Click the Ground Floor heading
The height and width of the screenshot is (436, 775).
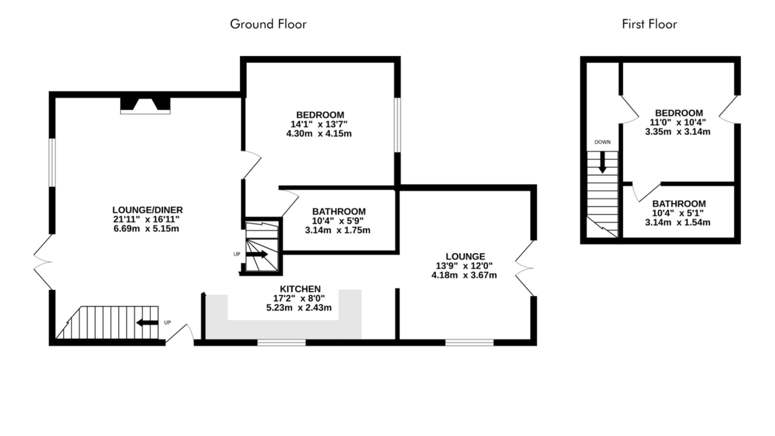coord(268,24)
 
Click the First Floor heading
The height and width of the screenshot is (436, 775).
coord(649,24)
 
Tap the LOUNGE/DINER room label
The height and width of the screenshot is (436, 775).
coord(148,210)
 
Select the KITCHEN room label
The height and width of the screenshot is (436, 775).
coord(300,289)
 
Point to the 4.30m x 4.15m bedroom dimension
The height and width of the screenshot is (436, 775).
coord(319,134)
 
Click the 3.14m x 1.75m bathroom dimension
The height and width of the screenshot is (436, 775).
coord(338,230)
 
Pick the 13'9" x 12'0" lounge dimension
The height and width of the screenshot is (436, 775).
coord(464,266)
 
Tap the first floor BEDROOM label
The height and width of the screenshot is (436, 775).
coord(679,113)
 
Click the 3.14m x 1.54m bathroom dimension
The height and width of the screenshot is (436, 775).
coord(677,223)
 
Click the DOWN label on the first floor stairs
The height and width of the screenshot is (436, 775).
coord(602,142)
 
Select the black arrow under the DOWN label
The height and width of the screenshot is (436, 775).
coord(602,162)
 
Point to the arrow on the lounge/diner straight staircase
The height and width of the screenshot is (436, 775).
coord(147,323)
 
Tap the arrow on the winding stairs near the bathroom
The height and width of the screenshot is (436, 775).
coord(257,254)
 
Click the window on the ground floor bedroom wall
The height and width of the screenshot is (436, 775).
coord(397,125)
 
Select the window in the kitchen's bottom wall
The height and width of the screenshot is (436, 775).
coord(282,343)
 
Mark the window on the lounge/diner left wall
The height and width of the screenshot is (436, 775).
coord(52,162)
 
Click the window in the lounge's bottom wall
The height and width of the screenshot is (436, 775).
coord(469,343)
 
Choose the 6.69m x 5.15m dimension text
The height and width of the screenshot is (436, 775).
coord(146,229)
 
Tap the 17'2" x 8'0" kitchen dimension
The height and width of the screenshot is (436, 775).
coord(299,298)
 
